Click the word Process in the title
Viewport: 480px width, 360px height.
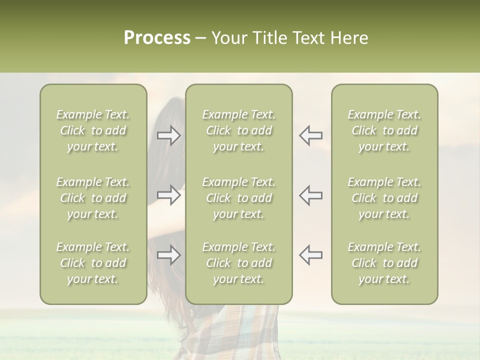[x=157, y=38]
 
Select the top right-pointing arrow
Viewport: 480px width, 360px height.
[x=169, y=135]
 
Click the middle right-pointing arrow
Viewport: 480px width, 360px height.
[x=169, y=195]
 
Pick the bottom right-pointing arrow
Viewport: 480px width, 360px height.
[x=169, y=255]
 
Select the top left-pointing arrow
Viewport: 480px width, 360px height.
[x=310, y=135]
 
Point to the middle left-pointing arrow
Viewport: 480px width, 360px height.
[x=310, y=195]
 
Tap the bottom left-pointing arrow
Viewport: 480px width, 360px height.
[x=310, y=254]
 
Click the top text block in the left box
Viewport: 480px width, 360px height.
[x=93, y=130]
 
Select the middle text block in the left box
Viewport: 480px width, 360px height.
[x=93, y=198]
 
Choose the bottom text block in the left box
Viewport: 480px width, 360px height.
[x=93, y=263]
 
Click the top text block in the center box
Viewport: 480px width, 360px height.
[x=238, y=130]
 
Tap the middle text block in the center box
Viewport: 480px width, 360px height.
[x=238, y=198]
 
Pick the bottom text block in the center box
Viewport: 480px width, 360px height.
[x=238, y=263]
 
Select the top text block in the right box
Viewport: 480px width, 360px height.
[x=384, y=130]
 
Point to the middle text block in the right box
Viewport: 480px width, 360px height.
[x=384, y=198]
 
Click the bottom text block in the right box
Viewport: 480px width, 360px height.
[x=384, y=263]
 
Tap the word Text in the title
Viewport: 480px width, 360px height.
[x=307, y=38]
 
